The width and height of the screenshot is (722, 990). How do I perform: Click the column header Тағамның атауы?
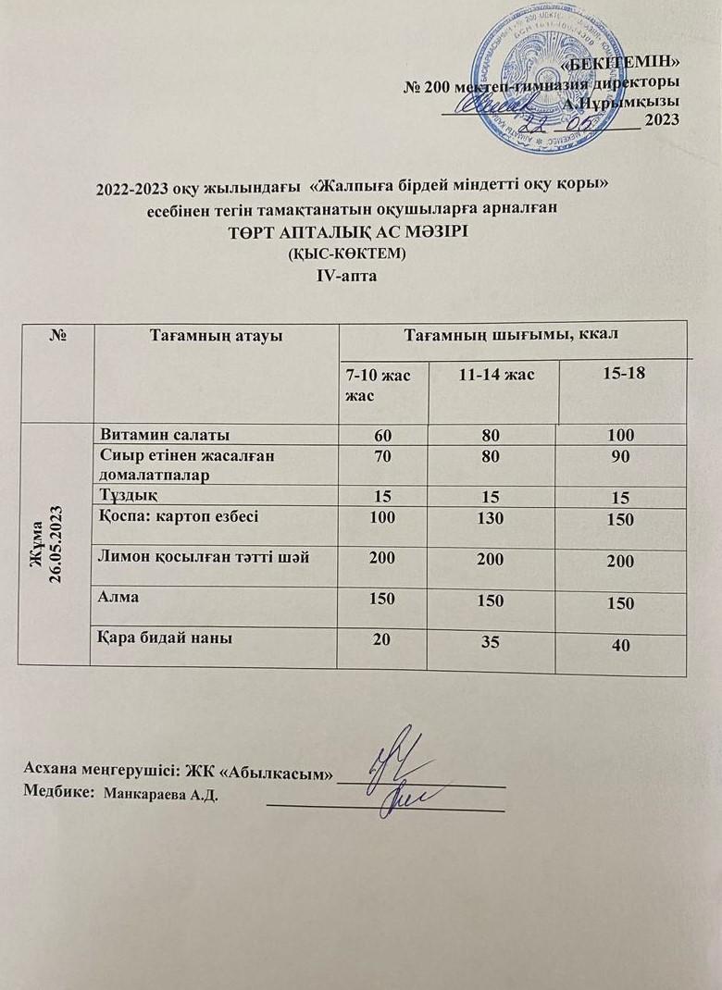pos(217,335)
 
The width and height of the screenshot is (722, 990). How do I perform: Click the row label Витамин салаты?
pos(165,434)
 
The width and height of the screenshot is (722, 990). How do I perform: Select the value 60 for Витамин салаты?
pos(381,434)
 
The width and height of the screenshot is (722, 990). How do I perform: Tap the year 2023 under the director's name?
pos(661,118)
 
